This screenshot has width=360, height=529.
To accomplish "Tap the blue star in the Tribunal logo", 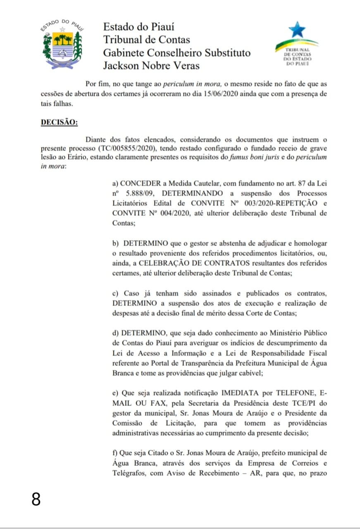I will click(x=297, y=30).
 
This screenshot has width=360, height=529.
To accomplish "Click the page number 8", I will click(x=36, y=499).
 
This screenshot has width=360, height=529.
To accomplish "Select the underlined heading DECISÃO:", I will click(x=59, y=123).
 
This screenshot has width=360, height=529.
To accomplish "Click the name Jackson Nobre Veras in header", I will click(x=151, y=66).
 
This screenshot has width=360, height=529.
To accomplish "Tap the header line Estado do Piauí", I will click(x=138, y=27).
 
